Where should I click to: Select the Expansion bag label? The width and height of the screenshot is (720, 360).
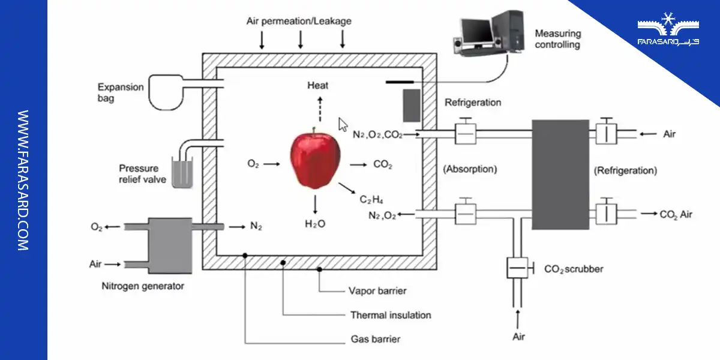coord(122,92)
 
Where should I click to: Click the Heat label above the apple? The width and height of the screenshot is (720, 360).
coord(318,85)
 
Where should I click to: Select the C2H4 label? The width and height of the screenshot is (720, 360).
coord(371,199)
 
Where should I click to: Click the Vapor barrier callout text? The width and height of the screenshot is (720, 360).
coord(377,291)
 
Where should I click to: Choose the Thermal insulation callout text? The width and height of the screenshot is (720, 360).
coord(391,315)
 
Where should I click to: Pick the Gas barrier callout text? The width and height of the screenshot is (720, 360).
coord(375,339)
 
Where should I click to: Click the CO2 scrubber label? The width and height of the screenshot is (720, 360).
coord(574,269)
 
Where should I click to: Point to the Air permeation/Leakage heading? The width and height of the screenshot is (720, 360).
coord(299,21)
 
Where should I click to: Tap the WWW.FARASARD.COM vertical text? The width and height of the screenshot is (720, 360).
coord(23,180)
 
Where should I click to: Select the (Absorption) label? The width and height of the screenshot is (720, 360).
coord(470,169)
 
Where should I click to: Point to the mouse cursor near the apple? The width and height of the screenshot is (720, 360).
coord(343,124)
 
